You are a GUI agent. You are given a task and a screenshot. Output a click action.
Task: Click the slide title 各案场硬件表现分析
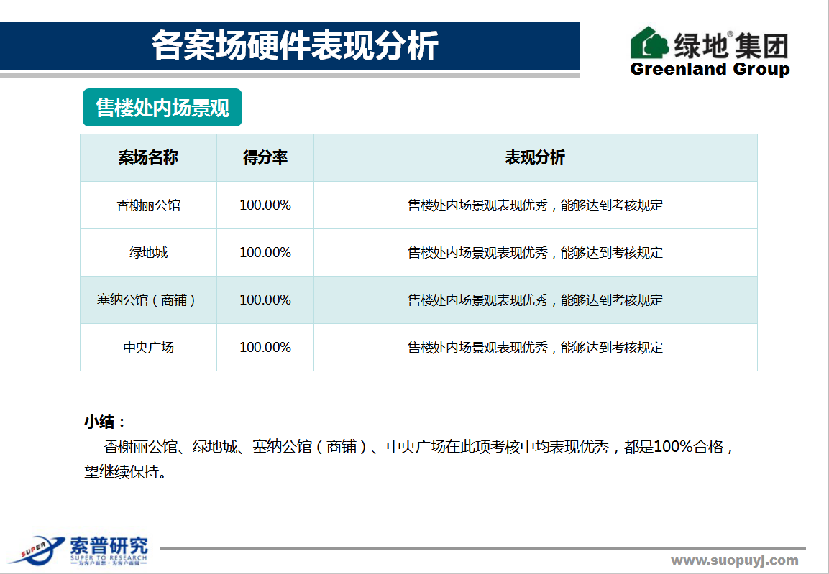click(x=295, y=45)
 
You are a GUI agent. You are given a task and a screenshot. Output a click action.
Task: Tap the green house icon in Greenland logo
click(x=650, y=42)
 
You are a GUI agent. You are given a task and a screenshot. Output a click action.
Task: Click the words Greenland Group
click(x=710, y=69)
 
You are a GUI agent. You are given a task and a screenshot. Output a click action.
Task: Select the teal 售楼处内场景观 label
click(x=162, y=108)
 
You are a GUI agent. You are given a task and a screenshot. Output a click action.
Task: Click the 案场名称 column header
click(x=148, y=157)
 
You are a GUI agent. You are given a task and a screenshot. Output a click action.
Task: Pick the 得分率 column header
click(x=265, y=157)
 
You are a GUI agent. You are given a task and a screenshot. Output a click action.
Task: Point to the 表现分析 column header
click(x=535, y=157)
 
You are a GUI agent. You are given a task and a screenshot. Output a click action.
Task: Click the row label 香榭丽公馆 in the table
click(x=149, y=205)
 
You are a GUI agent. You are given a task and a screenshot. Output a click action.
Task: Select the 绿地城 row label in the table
click(x=149, y=252)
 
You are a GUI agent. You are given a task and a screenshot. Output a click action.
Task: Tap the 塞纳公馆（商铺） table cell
click(x=147, y=300)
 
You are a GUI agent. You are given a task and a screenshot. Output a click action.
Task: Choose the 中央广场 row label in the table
click(x=149, y=348)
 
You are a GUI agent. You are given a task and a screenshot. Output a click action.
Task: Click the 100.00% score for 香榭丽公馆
click(x=265, y=205)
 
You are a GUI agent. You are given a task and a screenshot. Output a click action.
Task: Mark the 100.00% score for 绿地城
click(x=265, y=252)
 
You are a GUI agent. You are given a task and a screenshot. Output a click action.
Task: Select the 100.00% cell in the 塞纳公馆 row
click(x=265, y=300)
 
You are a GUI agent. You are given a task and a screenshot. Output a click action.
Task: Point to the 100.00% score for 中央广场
click(x=265, y=348)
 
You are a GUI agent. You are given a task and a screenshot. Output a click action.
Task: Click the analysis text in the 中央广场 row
click(x=535, y=348)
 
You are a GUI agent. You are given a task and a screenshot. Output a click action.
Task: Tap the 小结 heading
click(x=105, y=422)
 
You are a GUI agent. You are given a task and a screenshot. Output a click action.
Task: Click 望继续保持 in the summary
click(x=122, y=471)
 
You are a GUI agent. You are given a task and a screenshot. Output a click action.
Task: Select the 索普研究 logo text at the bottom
click(x=109, y=546)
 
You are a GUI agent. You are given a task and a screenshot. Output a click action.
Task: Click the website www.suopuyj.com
click(x=735, y=561)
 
